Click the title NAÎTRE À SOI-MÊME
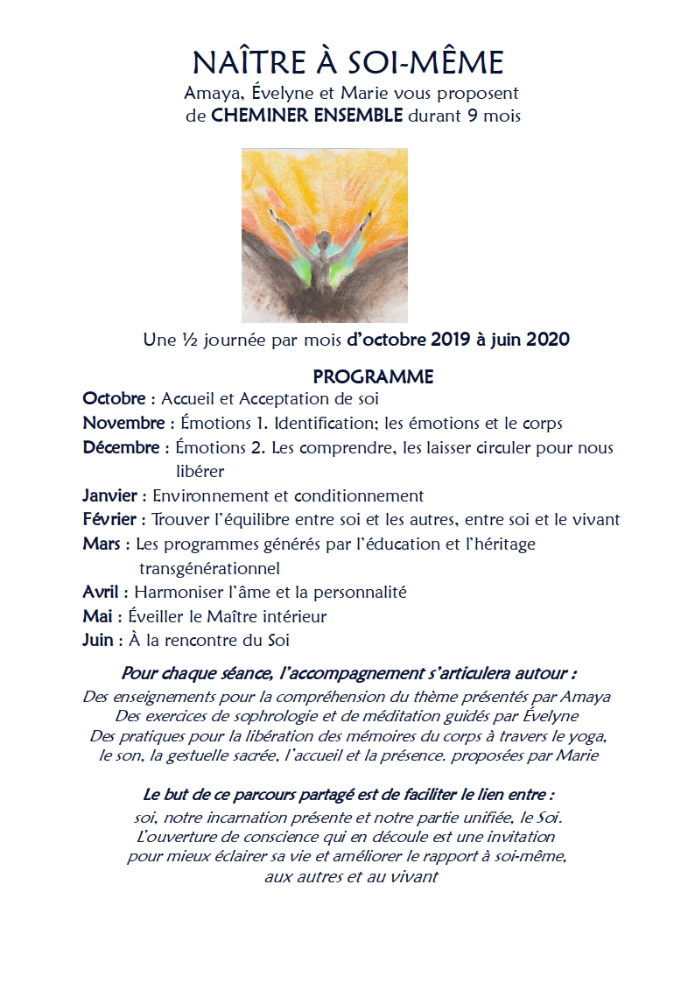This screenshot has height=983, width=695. pos(347,63)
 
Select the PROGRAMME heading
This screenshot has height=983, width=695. pos(373,377)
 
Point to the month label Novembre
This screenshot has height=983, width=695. pos(123,424)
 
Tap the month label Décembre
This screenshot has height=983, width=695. pos(122,448)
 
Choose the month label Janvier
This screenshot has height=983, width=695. pos(109,495)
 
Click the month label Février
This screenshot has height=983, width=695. pos(111,520)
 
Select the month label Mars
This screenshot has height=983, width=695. pos(102,544)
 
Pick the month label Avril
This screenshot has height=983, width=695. pos(101,593)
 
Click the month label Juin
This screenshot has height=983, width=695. pos(97,641)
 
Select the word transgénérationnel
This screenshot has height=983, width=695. pos(209,569)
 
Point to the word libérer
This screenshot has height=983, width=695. pos(200,472)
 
